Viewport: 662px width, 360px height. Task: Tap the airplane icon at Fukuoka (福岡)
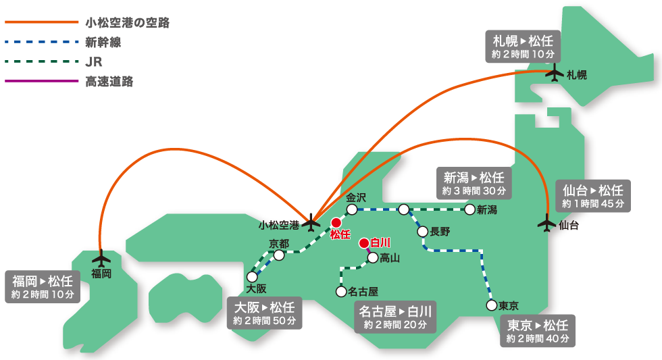click(101, 259)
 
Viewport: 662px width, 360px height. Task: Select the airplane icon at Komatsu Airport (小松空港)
click(311, 221)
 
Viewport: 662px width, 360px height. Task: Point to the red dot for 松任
click(336, 222)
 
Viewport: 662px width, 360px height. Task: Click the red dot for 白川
click(363, 242)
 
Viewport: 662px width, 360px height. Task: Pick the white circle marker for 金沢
click(352, 210)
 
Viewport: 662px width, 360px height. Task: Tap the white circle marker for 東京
click(491, 305)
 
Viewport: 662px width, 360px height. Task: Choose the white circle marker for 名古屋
click(341, 292)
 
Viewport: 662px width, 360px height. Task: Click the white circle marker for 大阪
click(252, 276)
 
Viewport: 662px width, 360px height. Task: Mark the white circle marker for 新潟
click(470, 209)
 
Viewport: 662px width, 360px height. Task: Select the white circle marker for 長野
click(423, 232)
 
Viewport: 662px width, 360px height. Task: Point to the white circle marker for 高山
click(372, 257)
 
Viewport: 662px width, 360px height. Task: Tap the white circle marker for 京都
click(279, 255)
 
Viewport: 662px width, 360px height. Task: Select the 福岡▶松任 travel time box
click(43, 287)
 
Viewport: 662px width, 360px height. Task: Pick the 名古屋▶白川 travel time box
click(395, 317)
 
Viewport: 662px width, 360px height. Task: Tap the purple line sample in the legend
click(42, 81)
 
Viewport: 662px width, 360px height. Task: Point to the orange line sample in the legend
click(42, 22)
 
